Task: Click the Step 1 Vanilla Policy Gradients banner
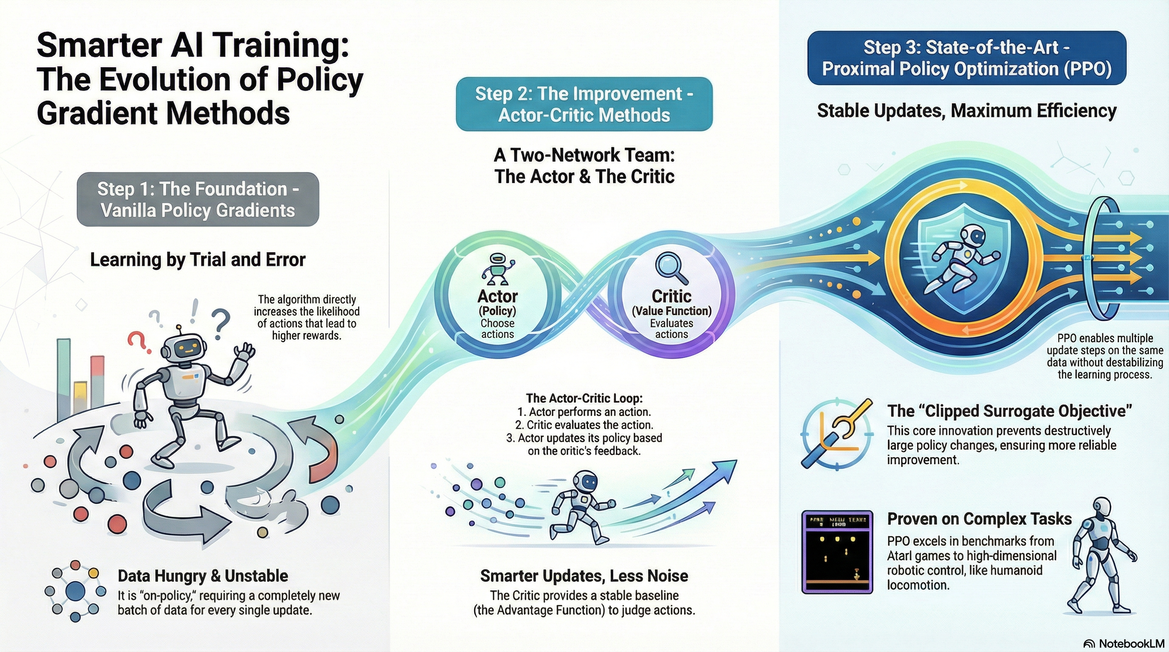pyautogui.click(x=198, y=200)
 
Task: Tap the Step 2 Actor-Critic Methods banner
pyautogui.click(x=584, y=104)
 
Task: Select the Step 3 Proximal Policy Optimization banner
pyautogui.click(x=967, y=58)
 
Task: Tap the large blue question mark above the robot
pyautogui.click(x=220, y=323)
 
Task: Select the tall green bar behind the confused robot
pyautogui.click(x=64, y=379)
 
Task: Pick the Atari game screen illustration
pyautogui.click(x=837, y=552)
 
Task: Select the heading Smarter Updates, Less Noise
pyautogui.click(x=584, y=576)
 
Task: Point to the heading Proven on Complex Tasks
pyautogui.click(x=979, y=519)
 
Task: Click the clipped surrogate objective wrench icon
pyautogui.click(x=837, y=434)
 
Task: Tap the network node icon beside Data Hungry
pyautogui.click(x=75, y=591)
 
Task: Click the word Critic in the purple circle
pyautogui.click(x=671, y=296)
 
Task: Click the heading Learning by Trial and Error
pyautogui.click(x=198, y=260)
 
